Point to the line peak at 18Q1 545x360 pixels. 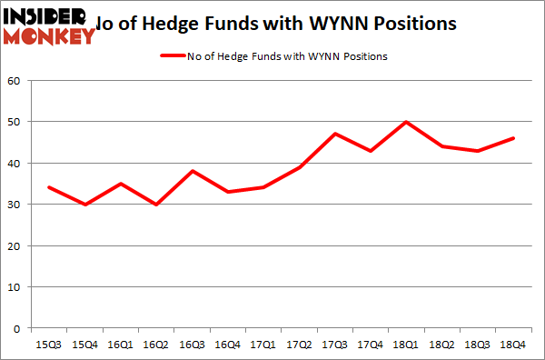406,122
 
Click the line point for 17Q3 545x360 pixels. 334,135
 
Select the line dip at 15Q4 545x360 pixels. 84,205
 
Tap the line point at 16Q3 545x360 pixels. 191,172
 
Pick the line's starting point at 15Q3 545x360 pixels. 48,188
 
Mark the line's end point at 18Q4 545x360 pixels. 513,138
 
